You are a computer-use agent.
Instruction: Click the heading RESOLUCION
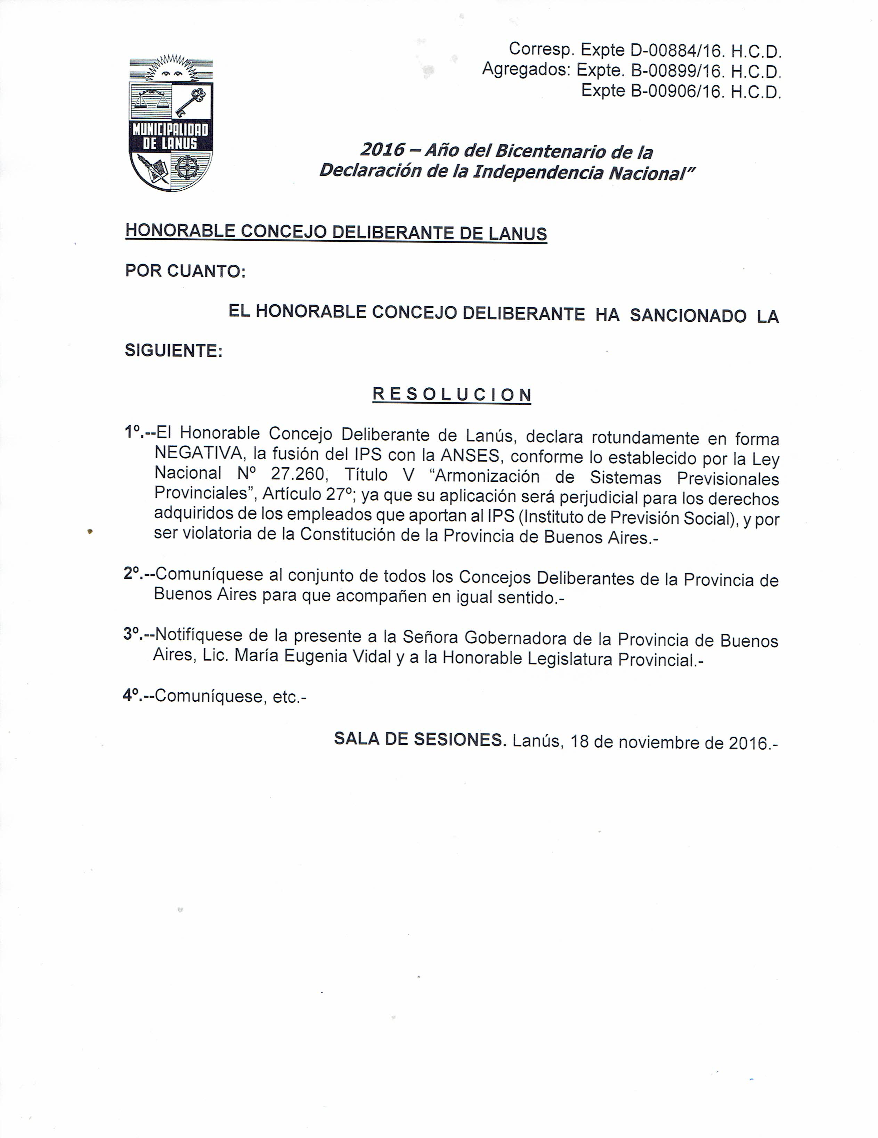click(452, 395)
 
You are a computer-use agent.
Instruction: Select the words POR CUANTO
click(185, 271)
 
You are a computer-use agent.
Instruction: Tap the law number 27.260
click(300, 474)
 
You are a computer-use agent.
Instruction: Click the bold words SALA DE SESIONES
click(420, 739)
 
